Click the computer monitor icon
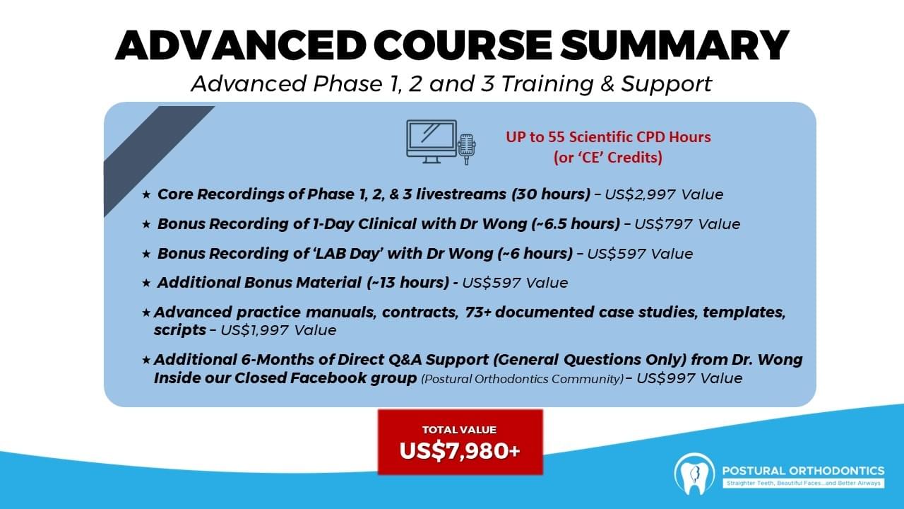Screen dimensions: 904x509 point(432,141)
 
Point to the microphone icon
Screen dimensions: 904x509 point(467,149)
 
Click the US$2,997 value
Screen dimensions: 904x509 point(640,194)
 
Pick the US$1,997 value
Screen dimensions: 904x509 point(254,330)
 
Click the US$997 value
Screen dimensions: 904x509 point(665,378)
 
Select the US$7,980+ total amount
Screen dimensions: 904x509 point(460,451)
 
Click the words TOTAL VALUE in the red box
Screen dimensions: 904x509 point(459,430)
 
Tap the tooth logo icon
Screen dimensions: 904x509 point(694,474)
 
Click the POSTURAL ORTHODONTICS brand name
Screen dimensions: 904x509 point(803,471)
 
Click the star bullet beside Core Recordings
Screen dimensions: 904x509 point(146,194)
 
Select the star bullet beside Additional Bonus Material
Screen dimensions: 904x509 point(146,283)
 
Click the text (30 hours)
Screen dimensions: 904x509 point(551,194)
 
